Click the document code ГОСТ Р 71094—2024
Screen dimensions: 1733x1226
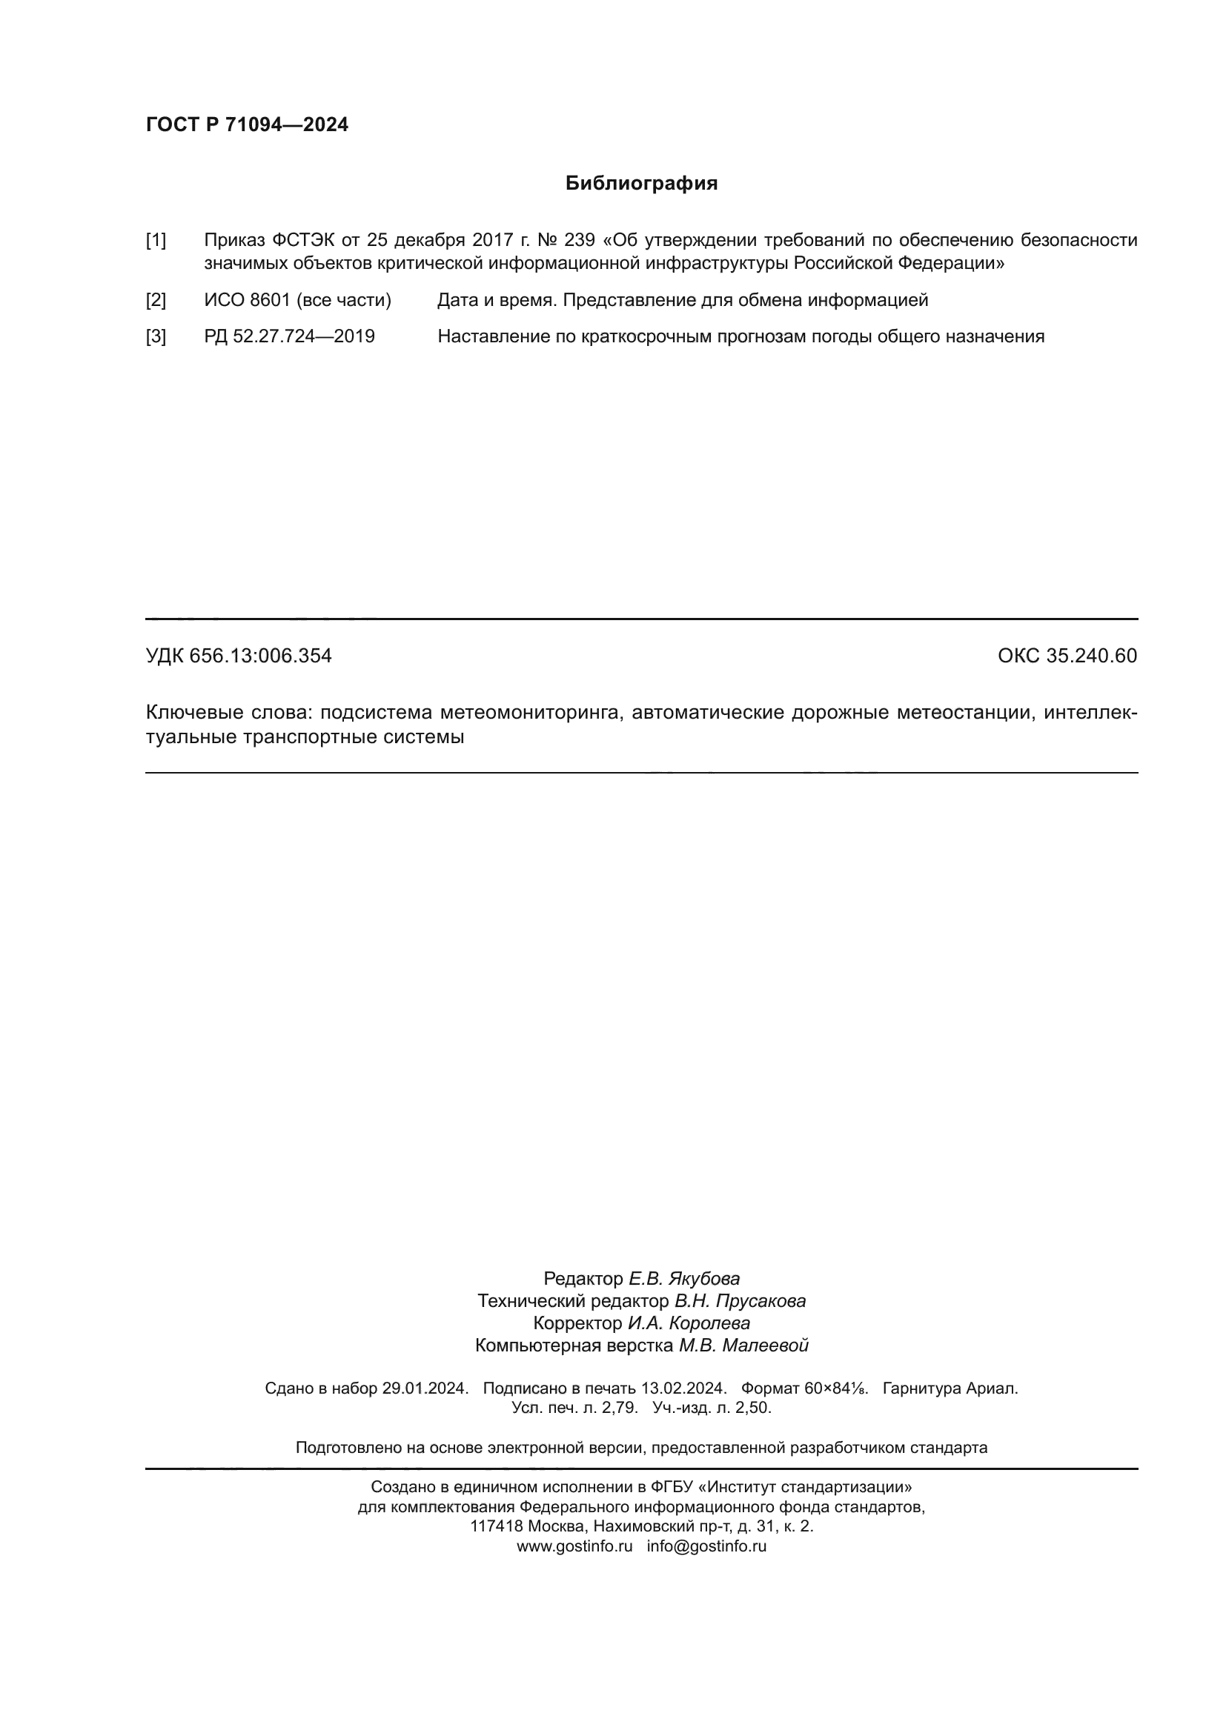(x=247, y=125)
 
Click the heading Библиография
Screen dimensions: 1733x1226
(x=641, y=184)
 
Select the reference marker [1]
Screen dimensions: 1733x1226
(x=156, y=241)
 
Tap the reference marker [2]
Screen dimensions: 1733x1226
(x=156, y=300)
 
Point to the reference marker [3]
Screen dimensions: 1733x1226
(x=156, y=336)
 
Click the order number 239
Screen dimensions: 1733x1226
(x=579, y=241)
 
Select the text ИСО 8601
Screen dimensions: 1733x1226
(x=247, y=300)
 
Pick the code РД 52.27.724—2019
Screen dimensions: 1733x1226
(x=289, y=336)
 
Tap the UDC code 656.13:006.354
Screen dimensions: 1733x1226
(x=260, y=656)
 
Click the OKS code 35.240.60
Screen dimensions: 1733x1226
(x=1091, y=656)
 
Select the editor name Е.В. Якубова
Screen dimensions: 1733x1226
(x=684, y=1279)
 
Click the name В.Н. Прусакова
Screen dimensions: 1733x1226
(x=740, y=1301)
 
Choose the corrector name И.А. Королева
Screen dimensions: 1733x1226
(x=689, y=1323)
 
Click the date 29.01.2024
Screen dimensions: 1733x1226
(x=425, y=1388)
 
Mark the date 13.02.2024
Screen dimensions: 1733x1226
(x=683, y=1388)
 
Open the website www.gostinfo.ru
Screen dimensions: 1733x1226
(x=574, y=1546)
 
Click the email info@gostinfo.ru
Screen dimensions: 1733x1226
(x=706, y=1546)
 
